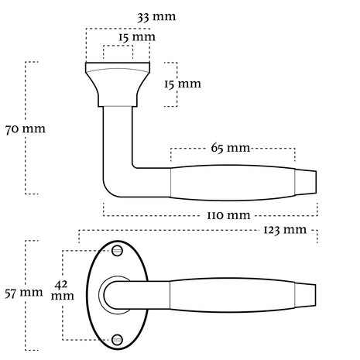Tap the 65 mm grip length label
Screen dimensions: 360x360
pos(231,147)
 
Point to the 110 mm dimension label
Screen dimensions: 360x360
pos(228,214)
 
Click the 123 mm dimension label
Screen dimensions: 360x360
pos(284,231)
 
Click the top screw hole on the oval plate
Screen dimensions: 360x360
pos(118,251)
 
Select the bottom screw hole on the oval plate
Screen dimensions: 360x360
pos(118,338)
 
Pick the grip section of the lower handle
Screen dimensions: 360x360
pos(232,293)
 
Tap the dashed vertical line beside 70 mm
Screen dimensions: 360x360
pos(29,128)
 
